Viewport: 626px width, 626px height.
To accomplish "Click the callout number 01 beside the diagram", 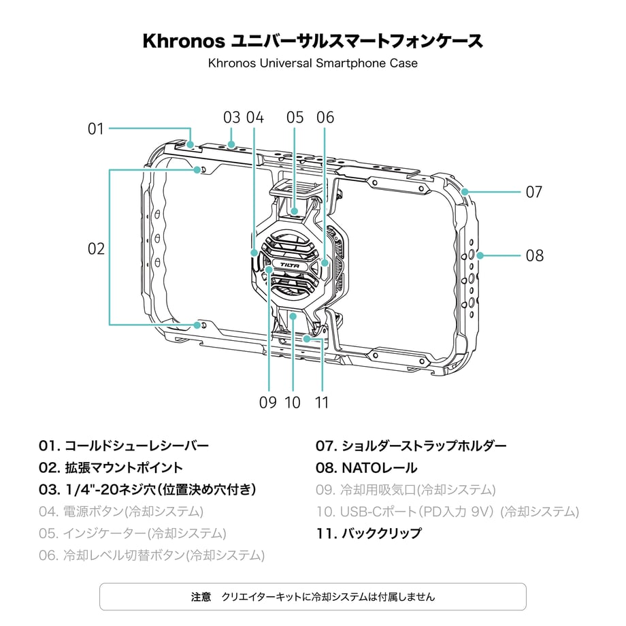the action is point(96,129).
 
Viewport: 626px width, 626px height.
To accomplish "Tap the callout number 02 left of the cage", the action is point(96,249).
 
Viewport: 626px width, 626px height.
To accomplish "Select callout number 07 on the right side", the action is point(534,192).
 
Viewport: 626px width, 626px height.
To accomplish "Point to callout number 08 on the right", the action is point(535,256).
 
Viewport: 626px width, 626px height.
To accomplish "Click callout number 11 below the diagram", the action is point(322,402).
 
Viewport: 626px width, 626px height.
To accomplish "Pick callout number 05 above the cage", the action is point(295,117).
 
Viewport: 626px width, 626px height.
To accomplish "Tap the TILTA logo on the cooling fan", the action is point(290,265).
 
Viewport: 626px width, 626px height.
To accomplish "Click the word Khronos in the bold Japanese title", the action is point(184,41).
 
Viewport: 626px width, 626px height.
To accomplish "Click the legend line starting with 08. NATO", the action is point(367,467).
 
